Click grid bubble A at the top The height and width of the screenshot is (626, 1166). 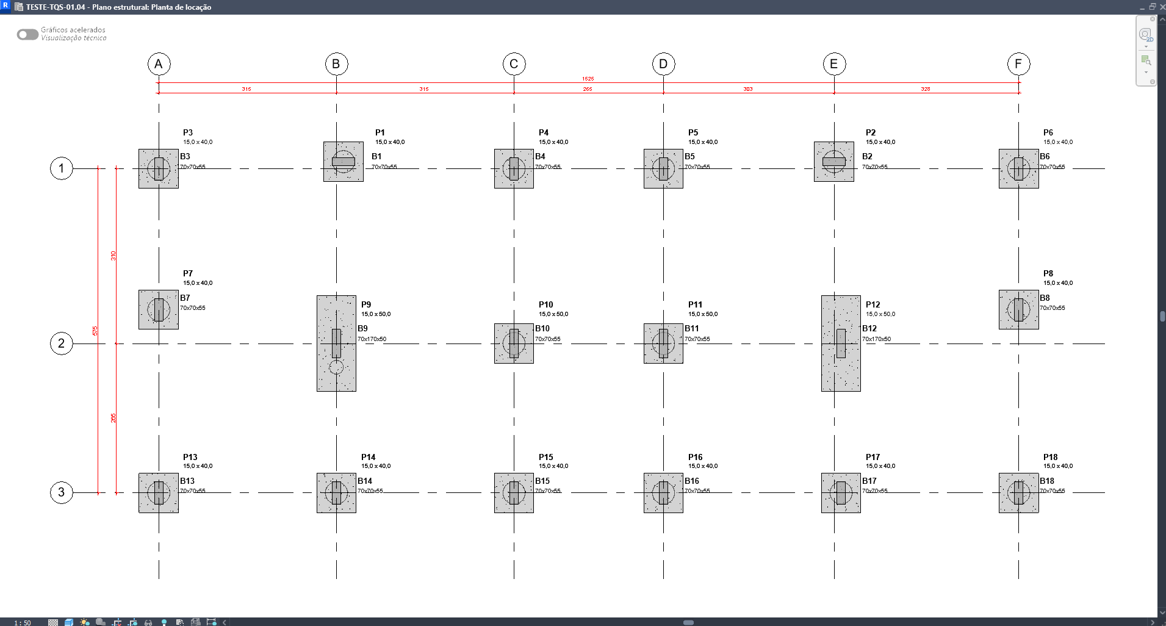pyautogui.click(x=159, y=64)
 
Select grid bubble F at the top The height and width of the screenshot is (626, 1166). pyautogui.click(x=1018, y=64)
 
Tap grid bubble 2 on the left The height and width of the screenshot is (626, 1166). pyautogui.click(x=61, y=344)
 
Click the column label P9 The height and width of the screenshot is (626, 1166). pyautogui.click(x=366, y=304)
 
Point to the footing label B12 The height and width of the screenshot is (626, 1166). pyautogui.click(x=869, y=328)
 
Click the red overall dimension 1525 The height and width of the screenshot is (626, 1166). pyautogui.click(x=588, y=79)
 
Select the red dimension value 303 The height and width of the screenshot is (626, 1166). pyautogui.click(x=747, y=89)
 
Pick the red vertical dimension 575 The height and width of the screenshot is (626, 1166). pyautogui.click(x=95, y=331)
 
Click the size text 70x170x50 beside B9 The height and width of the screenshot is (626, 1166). pyautogui.click(x=372, y=339)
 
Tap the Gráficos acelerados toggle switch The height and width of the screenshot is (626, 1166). pyautogui.click(x=27, y=34)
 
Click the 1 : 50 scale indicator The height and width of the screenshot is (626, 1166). pyautogui.click(x=23, y=622)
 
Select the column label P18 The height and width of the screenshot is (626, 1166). pyautogui.click(x=1050, y=457)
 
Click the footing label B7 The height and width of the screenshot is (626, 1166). pyautogui.click(x=185, y=298)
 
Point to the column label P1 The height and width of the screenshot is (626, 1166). pyautogui.click(x=380, y=132)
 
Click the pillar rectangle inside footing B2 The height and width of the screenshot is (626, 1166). pyautogui.click(x=833, y=162)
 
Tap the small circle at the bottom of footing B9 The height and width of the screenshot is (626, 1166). pyautogui.click(x=336, y=367)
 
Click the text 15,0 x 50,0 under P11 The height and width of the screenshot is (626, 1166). pyautogui.click(x=703, y=314)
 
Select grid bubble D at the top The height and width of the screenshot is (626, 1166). pyautogui.click(x=663, y=64)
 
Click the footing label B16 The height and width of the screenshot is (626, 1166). pyautogui.click(x=691, y=481)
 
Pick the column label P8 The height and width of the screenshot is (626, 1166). pyautogui.click(x=1048, y=273)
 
